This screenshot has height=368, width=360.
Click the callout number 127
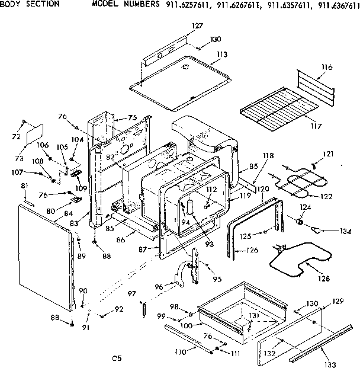pyautogui.click(x=197, y=25)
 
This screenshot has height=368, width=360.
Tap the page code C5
pyautogui.click(x=117, y=358)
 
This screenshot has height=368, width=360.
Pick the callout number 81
pyautogui.click(x=24, y=187)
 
